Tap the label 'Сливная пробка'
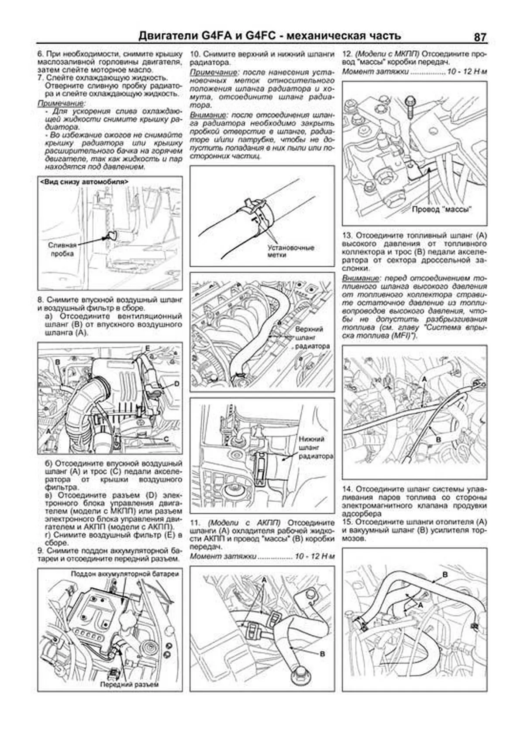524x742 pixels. [x=62, y=249]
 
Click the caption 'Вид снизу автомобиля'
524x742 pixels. [x=84, y=181]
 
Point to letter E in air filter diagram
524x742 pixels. [x=148, y=348]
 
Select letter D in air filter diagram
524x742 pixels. [x=177, y=384]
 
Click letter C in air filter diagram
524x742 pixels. [x=166, y=439]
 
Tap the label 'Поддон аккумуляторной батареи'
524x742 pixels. [x=124, y=573]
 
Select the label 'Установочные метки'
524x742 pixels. [x=291, y=251]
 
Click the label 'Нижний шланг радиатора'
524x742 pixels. [x=312, y=447]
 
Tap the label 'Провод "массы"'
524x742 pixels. [x=442, y=209]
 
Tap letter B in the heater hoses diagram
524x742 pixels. [x=445, y=575]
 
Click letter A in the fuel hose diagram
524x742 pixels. [x=423, y=380]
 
